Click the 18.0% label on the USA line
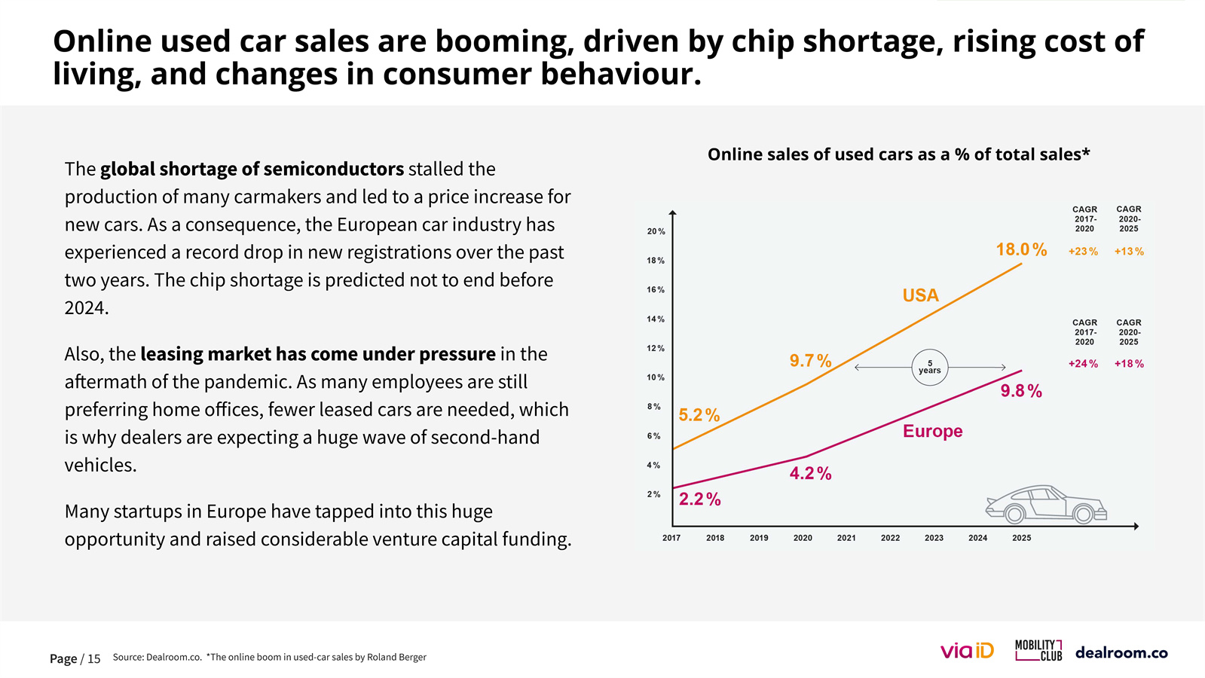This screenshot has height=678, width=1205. click(1021, 249)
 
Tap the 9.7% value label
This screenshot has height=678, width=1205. click(810, 361)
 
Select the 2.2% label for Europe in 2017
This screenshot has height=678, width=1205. click(699, 499)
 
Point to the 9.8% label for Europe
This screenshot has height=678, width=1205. click(1021, 391)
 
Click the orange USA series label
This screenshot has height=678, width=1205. click(920, 295)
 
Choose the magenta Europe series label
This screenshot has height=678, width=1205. click(932, 431)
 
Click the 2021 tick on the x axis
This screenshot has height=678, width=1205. click(846, 538)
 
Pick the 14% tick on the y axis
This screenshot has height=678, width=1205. click(656, 319)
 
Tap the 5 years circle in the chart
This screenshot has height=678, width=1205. click(929, 368)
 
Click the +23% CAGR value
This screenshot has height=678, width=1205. click(1083, 252)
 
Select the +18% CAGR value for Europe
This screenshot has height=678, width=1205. click(1129, 364)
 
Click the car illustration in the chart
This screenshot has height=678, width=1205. click(1046, 504)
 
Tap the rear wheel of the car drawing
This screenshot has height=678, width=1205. click(1014, 514)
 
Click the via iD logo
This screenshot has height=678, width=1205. click(967, 651)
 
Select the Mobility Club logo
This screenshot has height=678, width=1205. click(1038, 650)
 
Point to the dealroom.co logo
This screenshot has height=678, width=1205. click(1121, 652)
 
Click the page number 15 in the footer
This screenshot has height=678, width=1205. click(93, 659)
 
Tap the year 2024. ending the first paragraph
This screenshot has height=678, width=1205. click(87, 307)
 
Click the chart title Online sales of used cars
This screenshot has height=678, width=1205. click(898, 154)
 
